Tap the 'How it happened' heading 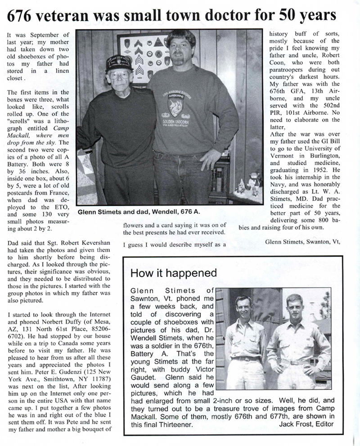pos(173,273)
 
